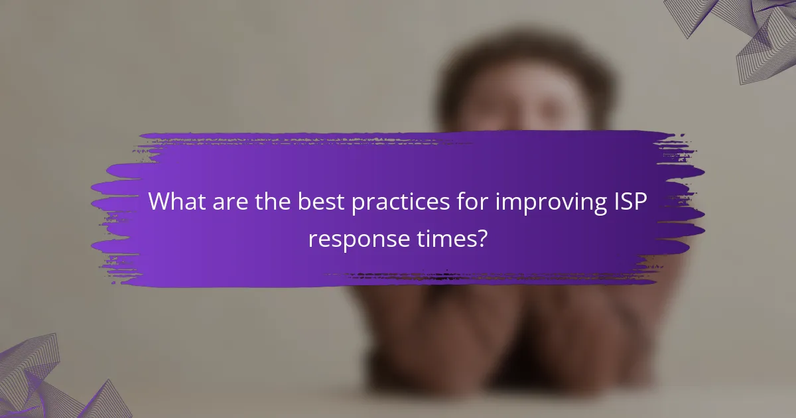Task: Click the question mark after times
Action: click(482, 238)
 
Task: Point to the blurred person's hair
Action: click(524, 60)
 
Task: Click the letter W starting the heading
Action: click(159, 202)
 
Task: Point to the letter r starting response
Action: click(312, 240)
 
